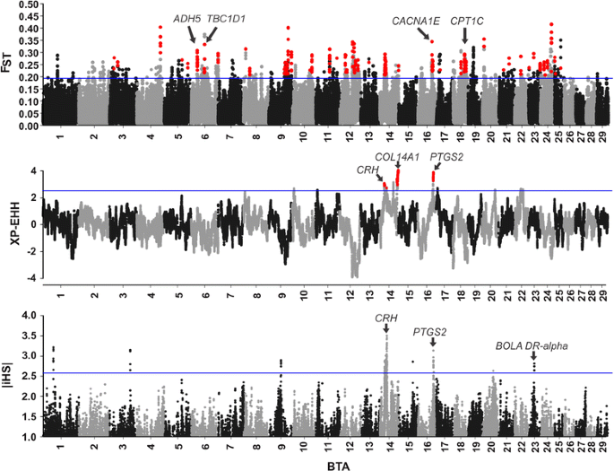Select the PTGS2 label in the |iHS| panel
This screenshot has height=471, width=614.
(431, 331)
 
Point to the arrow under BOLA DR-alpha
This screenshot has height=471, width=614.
(533, 360)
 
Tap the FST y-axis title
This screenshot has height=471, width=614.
(8, 65)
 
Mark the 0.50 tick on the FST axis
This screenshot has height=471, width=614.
(27, 4)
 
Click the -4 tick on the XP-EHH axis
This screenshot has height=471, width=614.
(30, 278)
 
